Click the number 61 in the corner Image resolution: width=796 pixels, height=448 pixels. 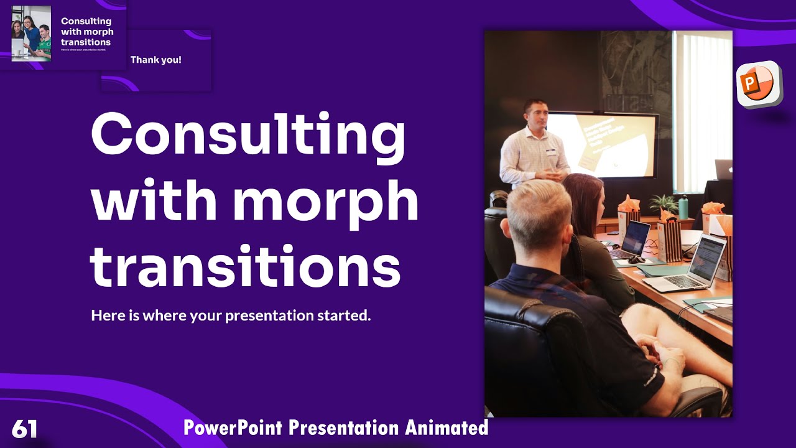tap(25, 429)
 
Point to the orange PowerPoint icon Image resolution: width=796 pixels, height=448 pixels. tap(758, 83)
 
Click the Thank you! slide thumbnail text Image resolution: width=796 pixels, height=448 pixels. tap(155, 60)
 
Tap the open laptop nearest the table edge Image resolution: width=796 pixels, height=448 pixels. tap(687, 264)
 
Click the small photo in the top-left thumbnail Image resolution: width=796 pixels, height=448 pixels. tap(31, 34)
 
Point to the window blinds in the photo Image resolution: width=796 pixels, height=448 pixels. tap(703, 112)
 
